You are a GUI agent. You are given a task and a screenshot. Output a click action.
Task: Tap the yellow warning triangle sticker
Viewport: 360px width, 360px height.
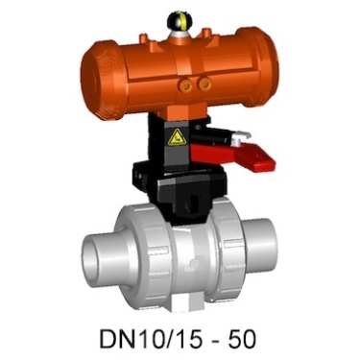176,137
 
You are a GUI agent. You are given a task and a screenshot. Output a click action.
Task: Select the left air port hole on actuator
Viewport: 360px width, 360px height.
186,85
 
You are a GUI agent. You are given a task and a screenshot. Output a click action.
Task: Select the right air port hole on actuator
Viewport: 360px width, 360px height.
204,84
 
